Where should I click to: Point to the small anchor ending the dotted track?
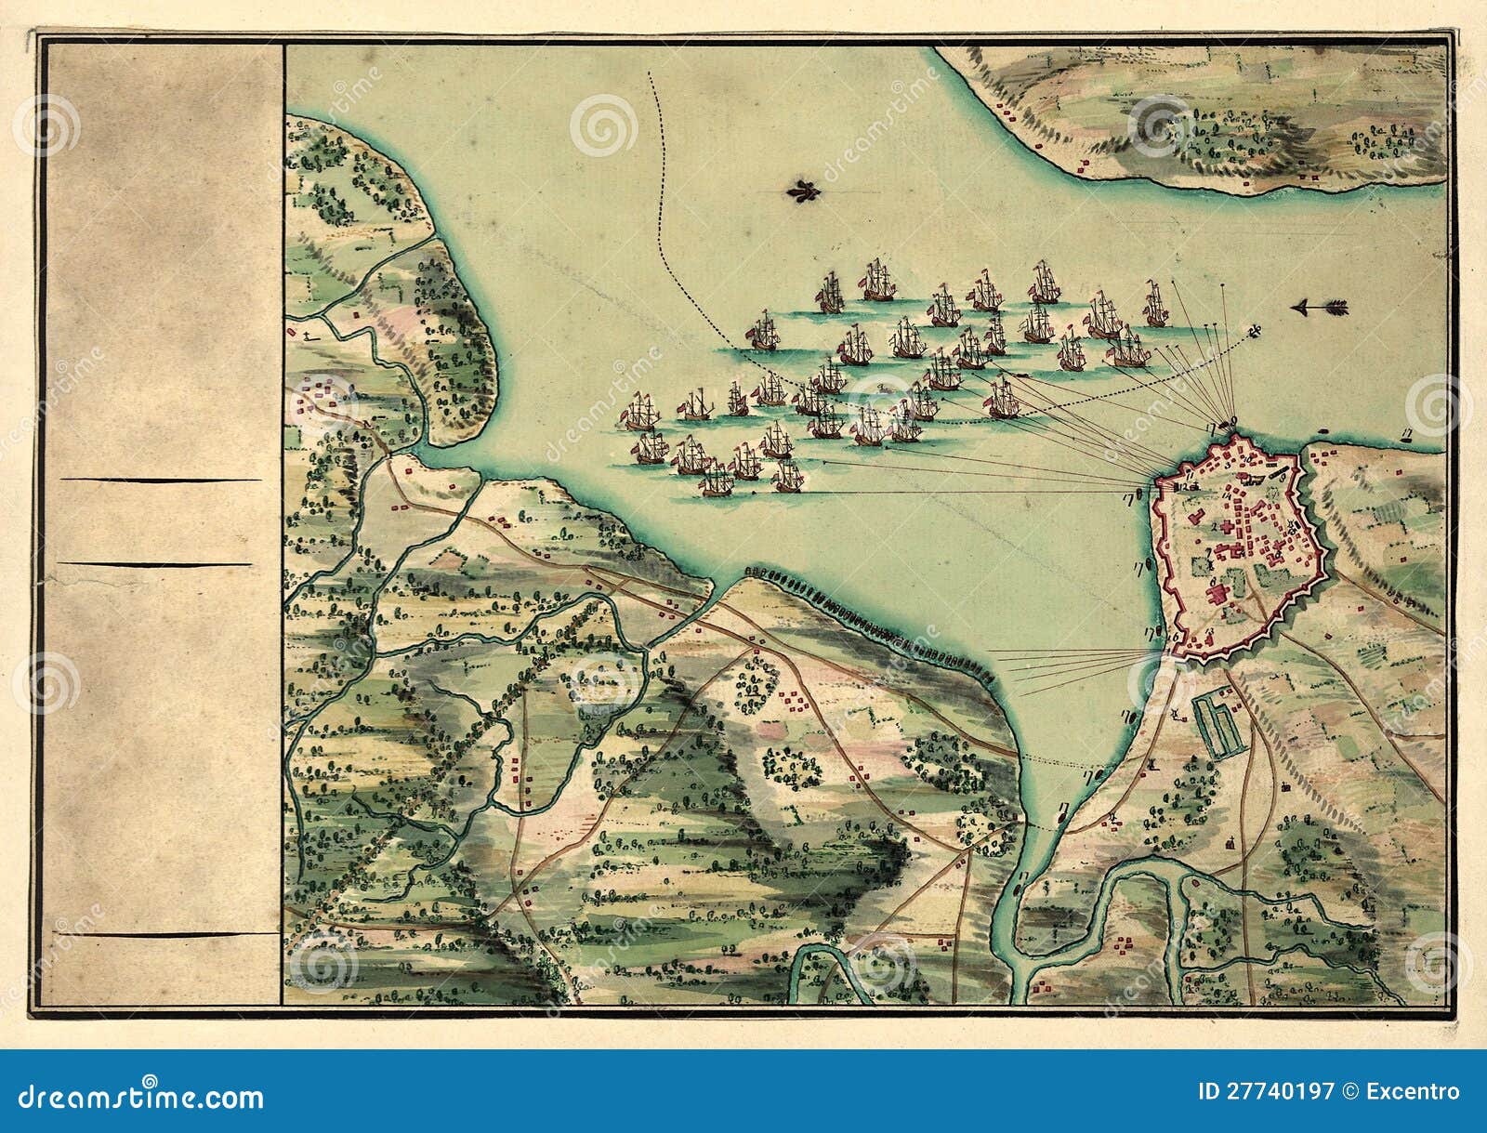[1254, 331]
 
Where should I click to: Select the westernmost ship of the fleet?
[639, 411]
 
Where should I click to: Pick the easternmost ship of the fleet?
[1155, 306]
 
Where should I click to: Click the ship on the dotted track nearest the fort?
[1003, 400]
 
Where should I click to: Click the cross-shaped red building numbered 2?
[1228, 527]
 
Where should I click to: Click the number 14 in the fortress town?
[1227, 496]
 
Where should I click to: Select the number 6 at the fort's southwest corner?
[1176, 638]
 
